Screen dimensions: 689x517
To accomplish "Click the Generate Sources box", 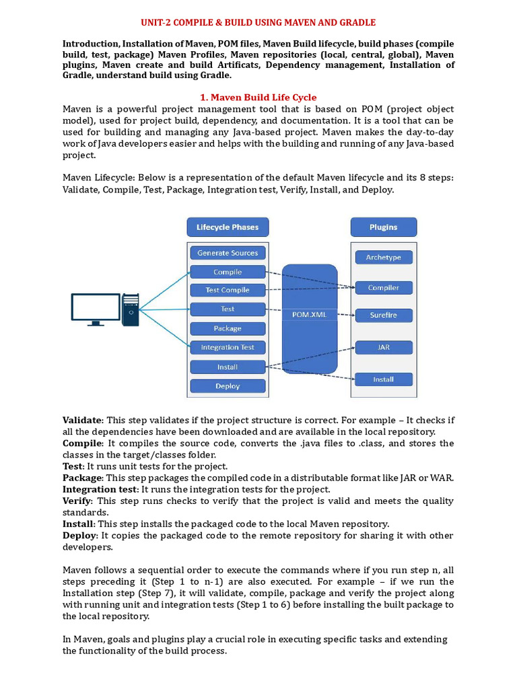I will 228,253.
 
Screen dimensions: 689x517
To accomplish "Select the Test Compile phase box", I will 228,290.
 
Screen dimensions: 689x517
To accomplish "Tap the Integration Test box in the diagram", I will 228,347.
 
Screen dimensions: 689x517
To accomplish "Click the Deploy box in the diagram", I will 228,386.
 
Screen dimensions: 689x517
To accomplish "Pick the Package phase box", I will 228,328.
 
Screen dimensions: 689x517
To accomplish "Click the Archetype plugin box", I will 383,257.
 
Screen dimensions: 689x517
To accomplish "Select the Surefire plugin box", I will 383,315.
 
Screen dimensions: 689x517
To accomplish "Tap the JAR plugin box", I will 383,348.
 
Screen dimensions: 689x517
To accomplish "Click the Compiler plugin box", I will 383,287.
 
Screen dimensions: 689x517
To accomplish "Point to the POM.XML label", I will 310,314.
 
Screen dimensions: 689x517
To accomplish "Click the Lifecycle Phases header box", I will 228,227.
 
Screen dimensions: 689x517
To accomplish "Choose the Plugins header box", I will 383,227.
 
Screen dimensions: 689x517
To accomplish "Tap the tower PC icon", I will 131,310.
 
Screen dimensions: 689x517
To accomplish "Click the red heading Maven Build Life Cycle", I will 259,98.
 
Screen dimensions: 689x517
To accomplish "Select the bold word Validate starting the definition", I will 83,419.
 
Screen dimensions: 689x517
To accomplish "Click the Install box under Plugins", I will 383,379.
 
